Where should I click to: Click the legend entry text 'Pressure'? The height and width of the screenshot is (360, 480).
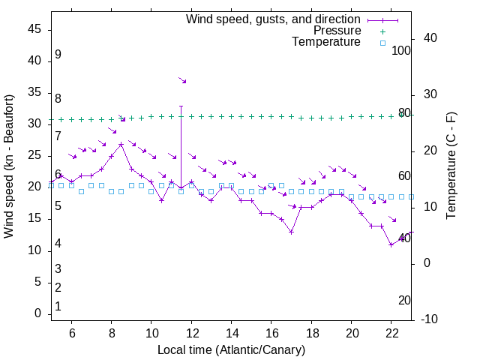coord(337,31)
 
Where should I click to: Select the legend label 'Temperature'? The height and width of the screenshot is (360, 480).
coord(326,43)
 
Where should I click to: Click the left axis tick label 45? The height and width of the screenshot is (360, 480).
coord(34,28)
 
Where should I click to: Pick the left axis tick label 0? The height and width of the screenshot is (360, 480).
coord(38,313)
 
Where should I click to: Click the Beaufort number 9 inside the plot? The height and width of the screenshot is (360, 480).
coord(58,55)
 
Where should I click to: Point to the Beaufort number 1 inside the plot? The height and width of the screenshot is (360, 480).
coord(58,306)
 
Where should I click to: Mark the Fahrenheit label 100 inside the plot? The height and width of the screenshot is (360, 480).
coord(401,50)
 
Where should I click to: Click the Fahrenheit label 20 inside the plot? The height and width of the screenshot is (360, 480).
coord(404,300)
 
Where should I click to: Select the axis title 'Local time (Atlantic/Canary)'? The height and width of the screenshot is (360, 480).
coord(231,349)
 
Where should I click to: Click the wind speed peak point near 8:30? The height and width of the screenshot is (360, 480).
coord(121,144)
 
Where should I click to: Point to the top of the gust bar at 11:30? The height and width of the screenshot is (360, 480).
coord(181,106)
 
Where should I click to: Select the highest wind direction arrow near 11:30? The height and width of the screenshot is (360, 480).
coord(182,79)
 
